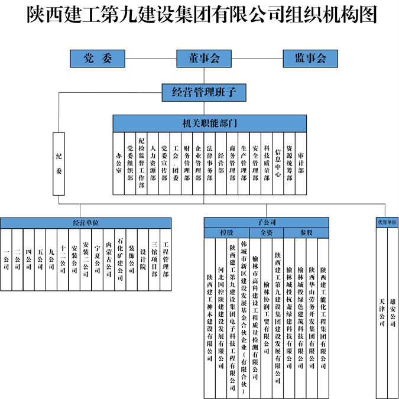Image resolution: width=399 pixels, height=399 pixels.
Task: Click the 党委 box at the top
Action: click(x=97, y=59)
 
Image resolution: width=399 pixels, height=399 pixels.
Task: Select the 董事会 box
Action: click(x=204, y=59)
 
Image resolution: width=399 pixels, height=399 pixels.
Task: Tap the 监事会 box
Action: click(x=310, y=59)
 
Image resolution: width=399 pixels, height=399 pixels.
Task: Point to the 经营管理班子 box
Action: click(x=204, y=92)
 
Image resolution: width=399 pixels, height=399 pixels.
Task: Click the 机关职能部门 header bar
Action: click(x=210, y=123)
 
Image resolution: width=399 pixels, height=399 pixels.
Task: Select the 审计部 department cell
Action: click(x=301, y=163)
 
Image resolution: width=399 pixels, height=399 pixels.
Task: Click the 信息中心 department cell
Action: click(x=278, y=163)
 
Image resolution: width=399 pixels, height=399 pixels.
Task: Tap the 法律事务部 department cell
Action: click(x=210, y=163)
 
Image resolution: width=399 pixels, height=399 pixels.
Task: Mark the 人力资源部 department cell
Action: click(x=153, y=163)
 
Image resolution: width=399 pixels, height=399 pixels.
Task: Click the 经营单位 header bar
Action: click(x=86, y=223)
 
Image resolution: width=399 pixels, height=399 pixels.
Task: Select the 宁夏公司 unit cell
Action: click(x=98, y=260)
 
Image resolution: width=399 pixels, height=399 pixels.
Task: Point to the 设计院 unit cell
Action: click(x=143, y=260)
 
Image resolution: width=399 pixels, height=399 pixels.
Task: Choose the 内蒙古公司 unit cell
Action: click(x=109, y=260)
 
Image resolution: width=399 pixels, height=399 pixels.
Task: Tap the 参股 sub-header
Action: click(x=306, y=232)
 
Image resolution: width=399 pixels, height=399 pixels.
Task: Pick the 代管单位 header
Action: click(x=387, y=223)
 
